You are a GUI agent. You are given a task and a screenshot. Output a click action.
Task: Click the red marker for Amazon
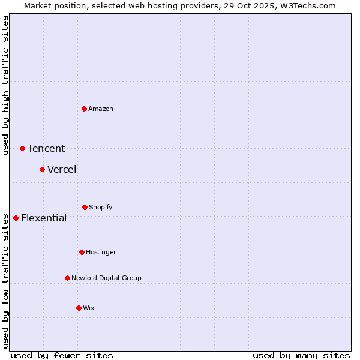pos(84,109)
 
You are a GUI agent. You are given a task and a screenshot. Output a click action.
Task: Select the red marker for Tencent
pos(22,148)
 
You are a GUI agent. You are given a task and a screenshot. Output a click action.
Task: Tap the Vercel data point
pos(42,169)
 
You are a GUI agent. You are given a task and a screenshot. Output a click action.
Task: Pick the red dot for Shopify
pos(85,207)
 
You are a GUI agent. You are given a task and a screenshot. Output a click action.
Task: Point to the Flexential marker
pos(16,218)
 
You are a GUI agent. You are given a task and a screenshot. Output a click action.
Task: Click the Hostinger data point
pos(82,252)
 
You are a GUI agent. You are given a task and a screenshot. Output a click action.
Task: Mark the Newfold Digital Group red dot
pos(67,278)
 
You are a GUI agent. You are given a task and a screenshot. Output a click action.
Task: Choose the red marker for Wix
pos(79,308)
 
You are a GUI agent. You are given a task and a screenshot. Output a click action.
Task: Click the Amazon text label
pos(101,109)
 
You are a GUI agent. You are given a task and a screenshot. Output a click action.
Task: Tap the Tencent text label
pos(46,149)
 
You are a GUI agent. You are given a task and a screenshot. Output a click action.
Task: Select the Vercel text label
pos(62,169)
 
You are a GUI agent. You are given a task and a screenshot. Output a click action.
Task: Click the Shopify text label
pos(101,207)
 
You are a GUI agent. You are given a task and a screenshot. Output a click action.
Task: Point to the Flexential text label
pos(44,218)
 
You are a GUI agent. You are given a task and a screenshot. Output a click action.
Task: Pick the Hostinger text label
pos(101,252)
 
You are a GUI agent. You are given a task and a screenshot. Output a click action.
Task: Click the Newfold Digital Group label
pos(106,278)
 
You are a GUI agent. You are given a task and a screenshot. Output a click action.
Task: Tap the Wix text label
pos(89,308)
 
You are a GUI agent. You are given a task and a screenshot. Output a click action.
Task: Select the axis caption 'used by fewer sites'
pos(62,355)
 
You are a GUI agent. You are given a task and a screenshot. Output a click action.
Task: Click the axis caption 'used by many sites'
pos(301,355)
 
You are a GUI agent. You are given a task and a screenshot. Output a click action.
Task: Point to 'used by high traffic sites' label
pos(5,85)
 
